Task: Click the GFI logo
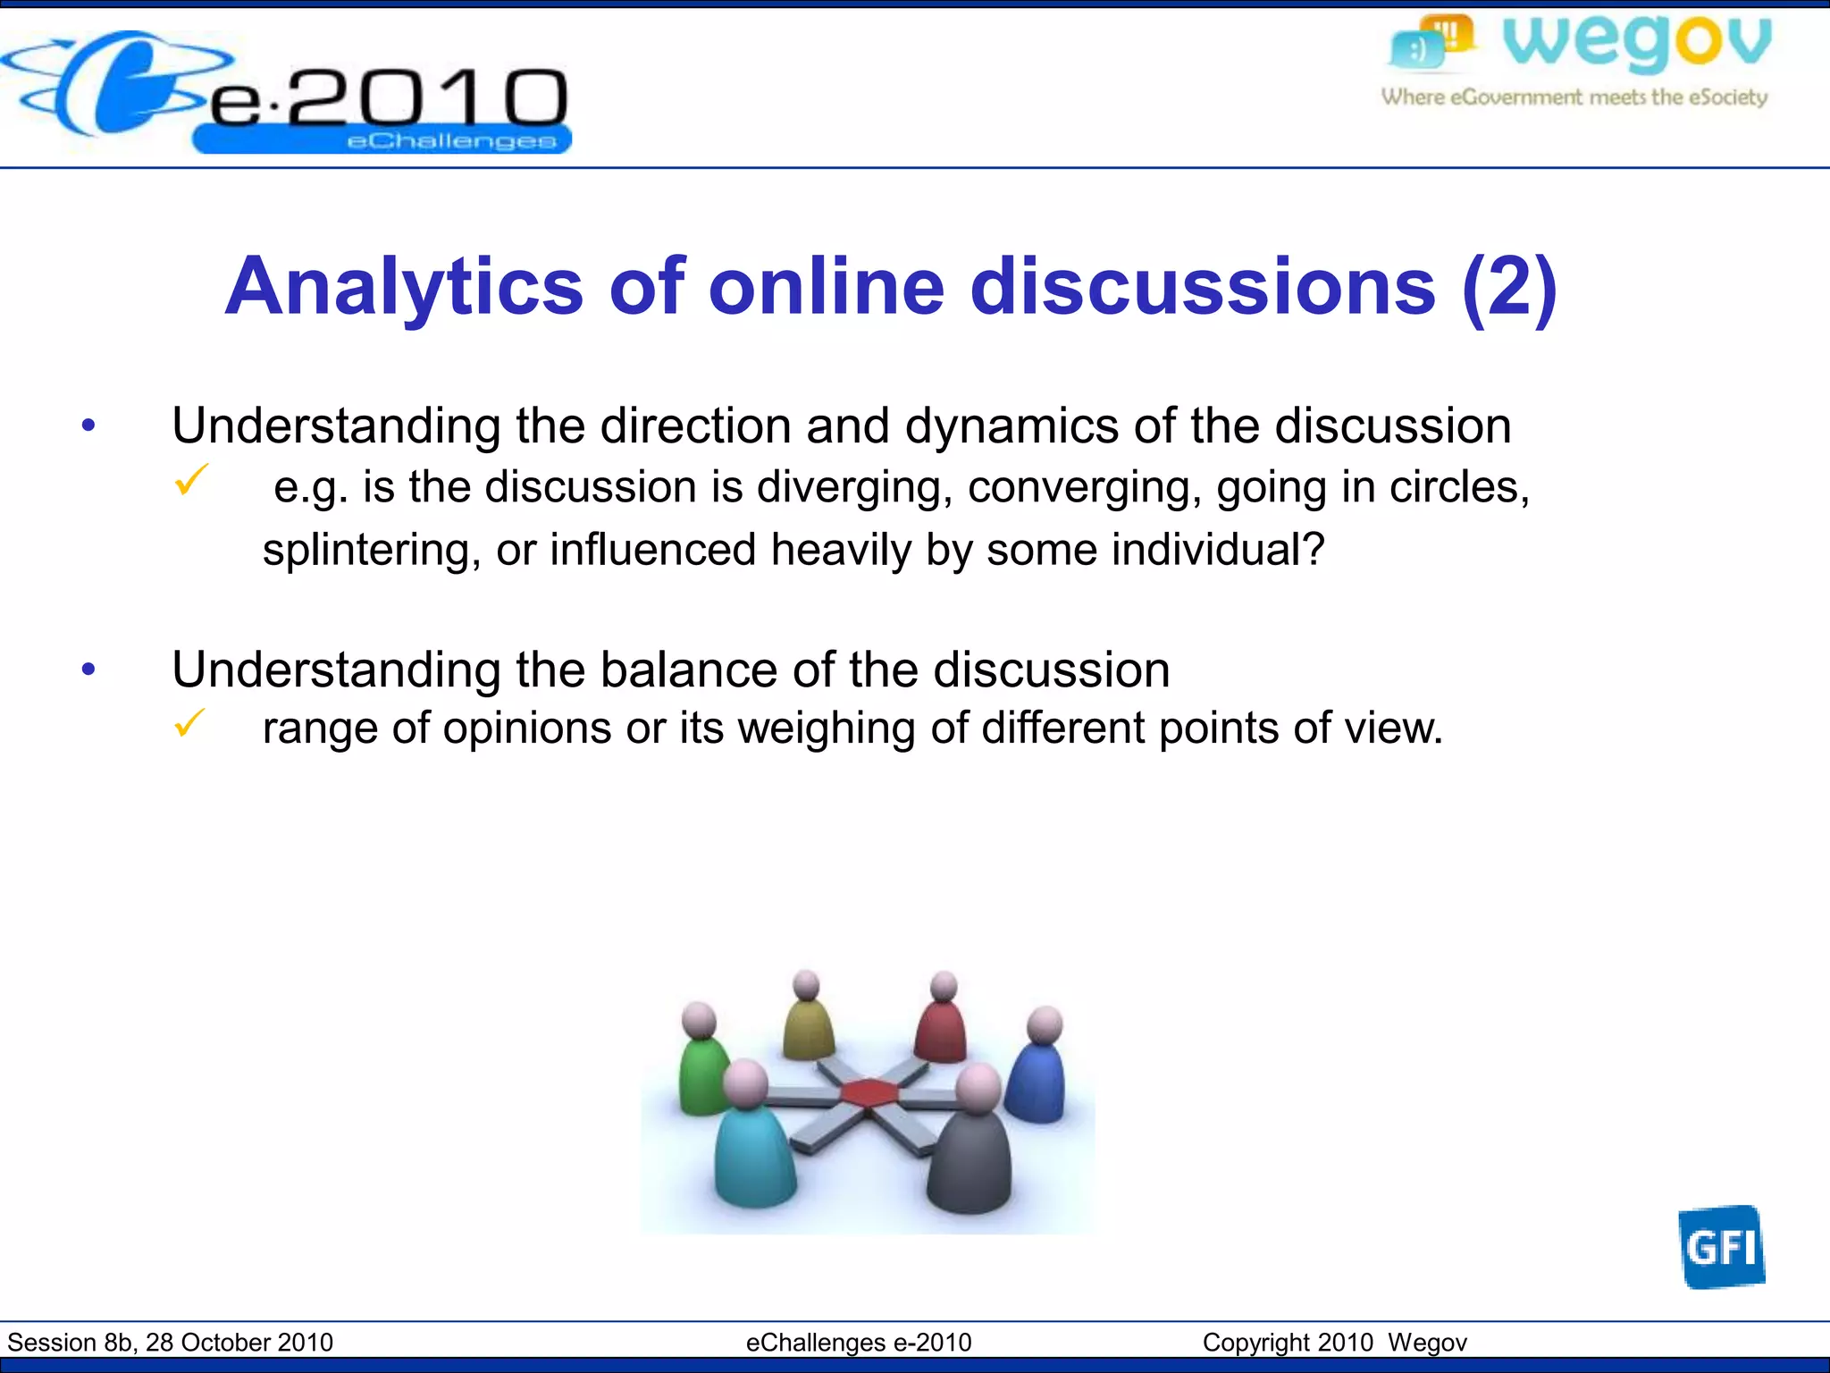click(1721, 1246)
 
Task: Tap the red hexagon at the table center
click(868, 1091)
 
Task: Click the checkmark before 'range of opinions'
click(190, 722)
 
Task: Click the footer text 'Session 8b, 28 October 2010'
click(170, 1343)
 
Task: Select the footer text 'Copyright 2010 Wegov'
click(1334, 1343)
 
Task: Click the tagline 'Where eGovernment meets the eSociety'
click(1574, 97)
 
